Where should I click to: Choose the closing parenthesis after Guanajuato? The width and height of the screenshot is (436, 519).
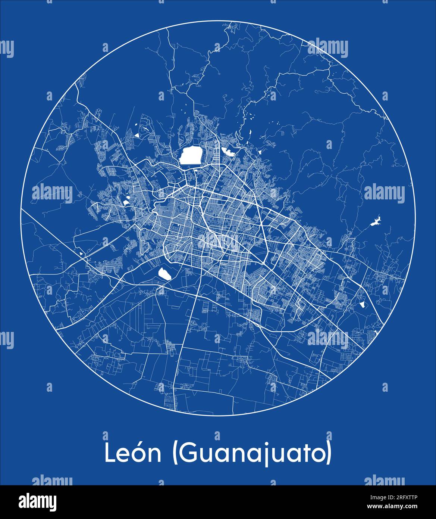click(x=329, y=453)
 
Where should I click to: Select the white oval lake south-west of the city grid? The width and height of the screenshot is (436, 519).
click(x=164, y=274)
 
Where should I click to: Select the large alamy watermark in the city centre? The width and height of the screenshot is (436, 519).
click(x=218, y=242)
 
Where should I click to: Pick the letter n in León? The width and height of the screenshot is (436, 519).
click(x=155, y=455)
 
